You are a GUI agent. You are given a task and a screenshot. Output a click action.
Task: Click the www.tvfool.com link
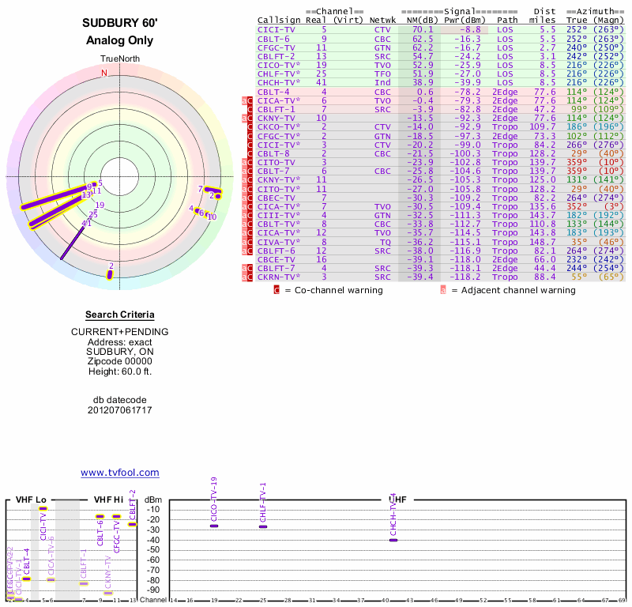pyautogui.click(x=120, y=473)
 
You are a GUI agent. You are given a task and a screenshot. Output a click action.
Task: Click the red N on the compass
pyautogui.click(x=103, y=73)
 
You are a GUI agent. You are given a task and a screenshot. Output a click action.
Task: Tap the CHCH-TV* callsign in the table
pyautogui.click(x=279, y=82)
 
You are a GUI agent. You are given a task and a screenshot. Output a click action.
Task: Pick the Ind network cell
pyautogui.click(x=382, y=82)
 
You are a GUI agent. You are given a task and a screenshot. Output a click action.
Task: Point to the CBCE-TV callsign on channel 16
pyautogui.click(x=276, y=258)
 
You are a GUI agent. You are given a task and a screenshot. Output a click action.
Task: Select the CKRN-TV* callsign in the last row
pyautogui.click(x=279, y=277)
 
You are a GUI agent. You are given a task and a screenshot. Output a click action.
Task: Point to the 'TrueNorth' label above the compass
pyautogui.click(x=119, y=59)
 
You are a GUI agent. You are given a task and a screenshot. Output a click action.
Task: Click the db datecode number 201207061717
pyautogui.click(x=119, y=410)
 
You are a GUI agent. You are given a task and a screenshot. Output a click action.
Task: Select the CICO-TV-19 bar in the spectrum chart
pyautogui.click(x=214, y=526)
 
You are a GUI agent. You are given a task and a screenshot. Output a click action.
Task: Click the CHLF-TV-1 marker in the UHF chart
pyautogui.click(x=263, y=526)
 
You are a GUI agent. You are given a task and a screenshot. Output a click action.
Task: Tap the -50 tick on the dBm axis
pyautogui.click(x=154, y=550)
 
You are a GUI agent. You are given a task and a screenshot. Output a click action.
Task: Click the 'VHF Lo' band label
pyautogui.click(x=31, y=500)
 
